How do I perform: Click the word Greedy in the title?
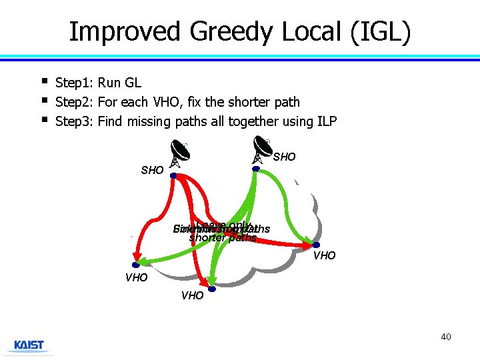(x=227, y=31)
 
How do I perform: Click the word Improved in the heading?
(x=125, y=31)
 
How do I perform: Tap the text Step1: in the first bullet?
(x=75, y=83)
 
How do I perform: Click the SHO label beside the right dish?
(x=285, y=157)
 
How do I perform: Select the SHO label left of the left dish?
(x=152, y=171)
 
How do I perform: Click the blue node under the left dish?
(x=173, y=176)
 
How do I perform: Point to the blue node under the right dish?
(x=255, y=169)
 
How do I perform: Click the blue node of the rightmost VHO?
(x=315, y=245)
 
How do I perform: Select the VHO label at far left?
(x=136, y=277)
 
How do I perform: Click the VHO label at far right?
(x=325, y=256)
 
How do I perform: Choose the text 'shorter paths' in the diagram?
(x=223, y=238)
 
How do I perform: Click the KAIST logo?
(x=29, y=345)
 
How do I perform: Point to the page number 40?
(x=445, y=337)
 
